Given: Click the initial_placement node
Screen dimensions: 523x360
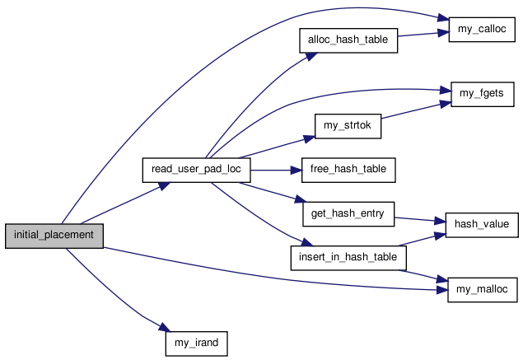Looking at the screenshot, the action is click(x=54, y=236).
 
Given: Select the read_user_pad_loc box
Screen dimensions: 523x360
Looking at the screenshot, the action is click(x=197, y=171).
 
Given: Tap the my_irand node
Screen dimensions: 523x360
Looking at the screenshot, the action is click(x=197, y=344).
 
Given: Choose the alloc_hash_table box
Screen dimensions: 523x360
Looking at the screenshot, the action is click(x=348, y=40).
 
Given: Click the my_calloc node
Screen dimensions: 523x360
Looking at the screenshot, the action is click(x=482, y=30).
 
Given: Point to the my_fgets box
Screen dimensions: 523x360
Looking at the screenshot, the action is click(x=483, y=95).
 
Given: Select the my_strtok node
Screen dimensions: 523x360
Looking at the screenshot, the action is click(x=348, y=126).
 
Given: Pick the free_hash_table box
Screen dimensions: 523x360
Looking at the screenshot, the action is click(x=348, y=171).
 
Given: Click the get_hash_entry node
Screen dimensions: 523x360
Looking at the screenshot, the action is click(x=348, y=214).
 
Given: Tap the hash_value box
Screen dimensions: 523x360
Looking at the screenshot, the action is click(x=482, y=225).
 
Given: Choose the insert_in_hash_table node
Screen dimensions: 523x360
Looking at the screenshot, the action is click(x=348, y=258).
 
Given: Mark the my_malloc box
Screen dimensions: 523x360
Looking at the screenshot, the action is click(x=483, y=290).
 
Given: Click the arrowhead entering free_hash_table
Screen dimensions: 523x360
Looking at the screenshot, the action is click(x=297, y=171).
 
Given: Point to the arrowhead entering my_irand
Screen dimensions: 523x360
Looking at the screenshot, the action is click(x=165, y=327).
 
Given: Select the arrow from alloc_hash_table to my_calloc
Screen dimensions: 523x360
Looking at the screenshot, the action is click(x=423, y=34).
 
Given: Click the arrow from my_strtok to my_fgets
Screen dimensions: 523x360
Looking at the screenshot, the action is click(x=416, y=110).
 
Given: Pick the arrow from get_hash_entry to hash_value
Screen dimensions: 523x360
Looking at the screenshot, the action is click(x=420, y=219).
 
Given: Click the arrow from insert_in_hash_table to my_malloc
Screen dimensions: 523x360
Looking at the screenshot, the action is click(x=423, y=276).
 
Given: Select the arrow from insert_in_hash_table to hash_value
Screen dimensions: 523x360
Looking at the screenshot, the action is click(x=422, y=240).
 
